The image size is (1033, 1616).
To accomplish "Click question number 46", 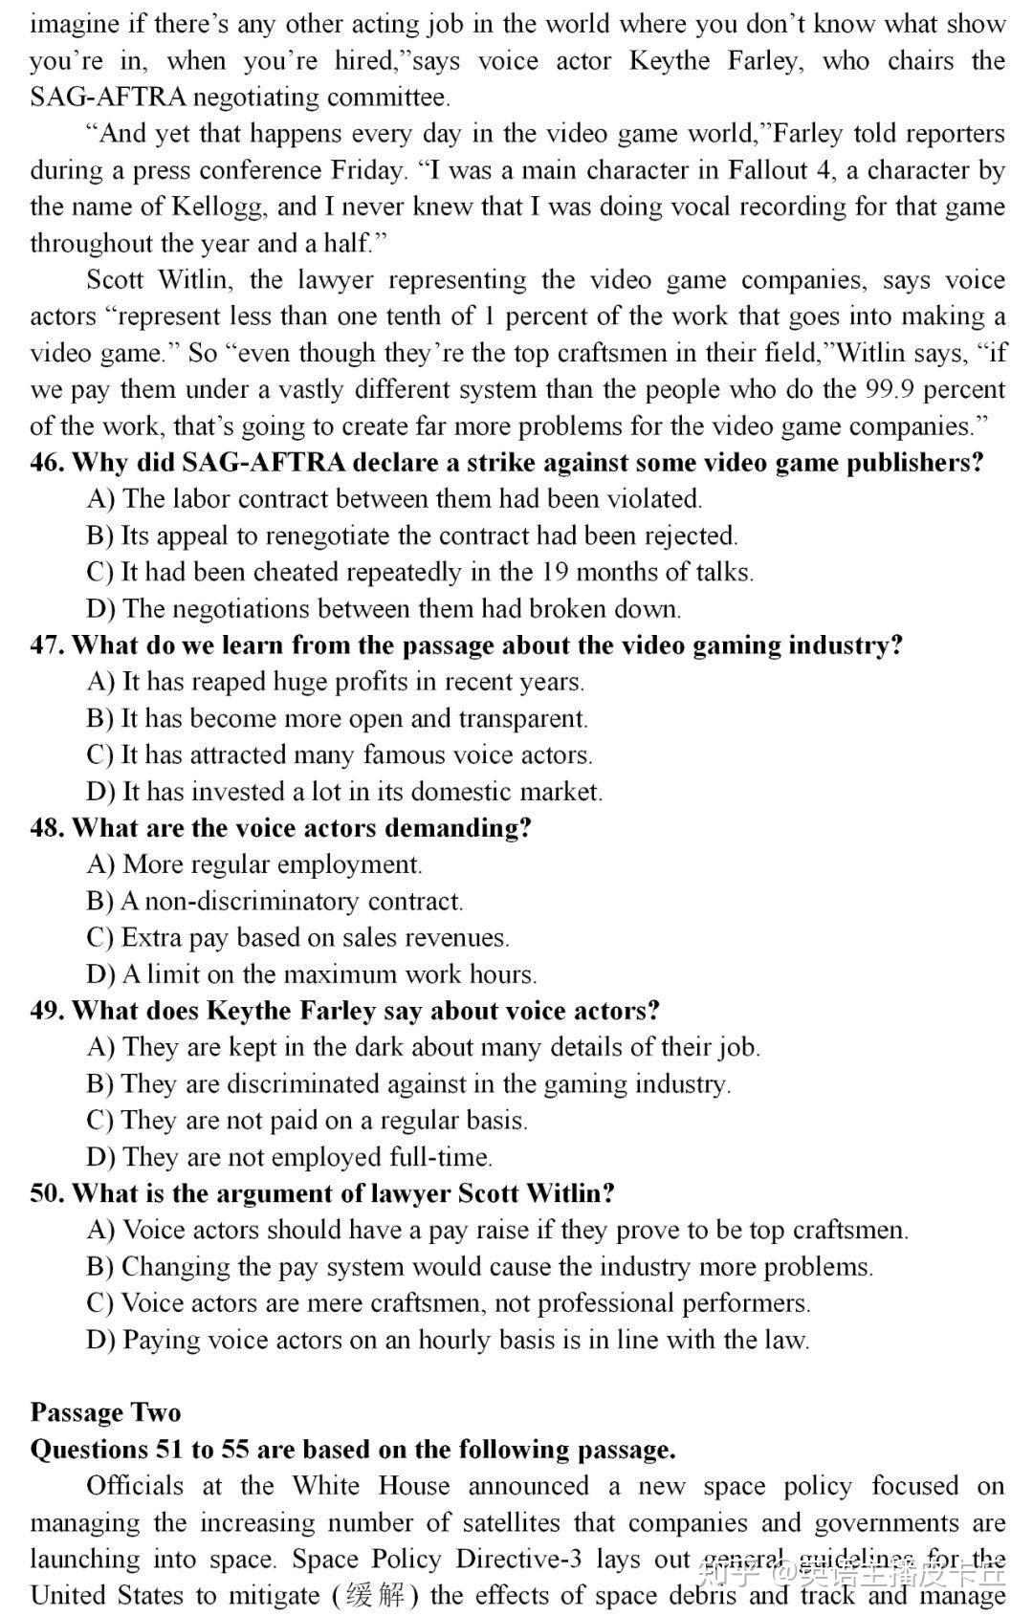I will tap(46, 463).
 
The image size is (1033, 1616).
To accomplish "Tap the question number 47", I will tap(46, 645).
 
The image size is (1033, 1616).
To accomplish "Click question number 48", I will tap(46, 828).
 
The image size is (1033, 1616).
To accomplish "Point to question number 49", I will tap(46, 1011).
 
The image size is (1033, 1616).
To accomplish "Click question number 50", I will tap(46, 1193).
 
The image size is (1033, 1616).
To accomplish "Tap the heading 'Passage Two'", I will tap(105, 1412).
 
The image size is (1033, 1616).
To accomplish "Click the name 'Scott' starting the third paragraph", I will tap(113, 280).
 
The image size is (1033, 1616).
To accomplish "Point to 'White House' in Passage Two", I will tap(370, 1486).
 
